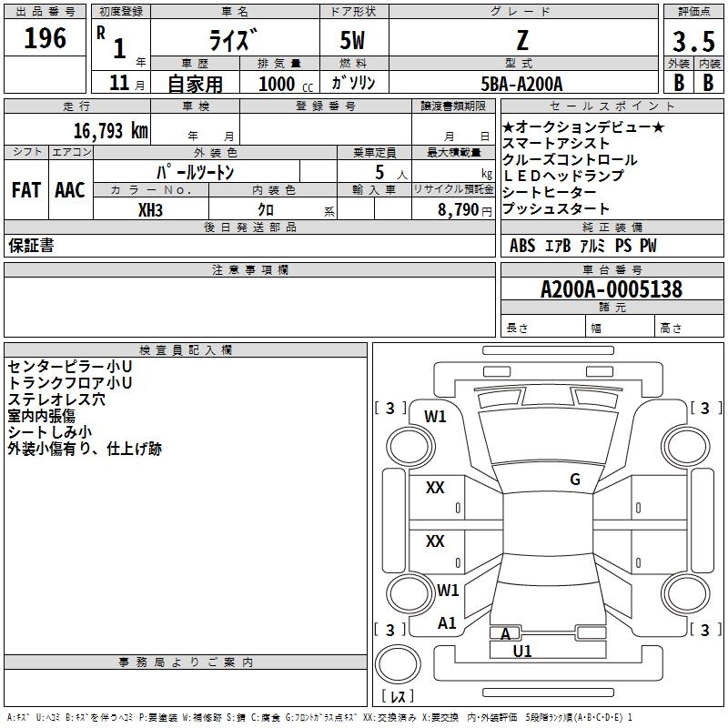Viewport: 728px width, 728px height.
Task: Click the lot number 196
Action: tap(45, 38)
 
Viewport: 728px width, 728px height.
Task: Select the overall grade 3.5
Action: tap(693, 42)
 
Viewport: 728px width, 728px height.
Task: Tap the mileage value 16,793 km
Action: tap(111, 131)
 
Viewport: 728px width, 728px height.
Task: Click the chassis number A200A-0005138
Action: tap(612, 289)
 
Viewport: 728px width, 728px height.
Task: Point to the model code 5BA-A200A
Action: tap(521, 84)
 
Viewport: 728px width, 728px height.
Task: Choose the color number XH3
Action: tap(150, 210)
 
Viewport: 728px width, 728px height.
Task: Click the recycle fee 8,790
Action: tap(459, 210)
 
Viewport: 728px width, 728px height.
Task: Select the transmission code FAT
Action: tap(26, 190)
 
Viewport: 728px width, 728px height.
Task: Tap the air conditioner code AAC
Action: tap(70, 190)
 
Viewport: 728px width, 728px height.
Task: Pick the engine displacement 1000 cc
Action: tap(286, 84)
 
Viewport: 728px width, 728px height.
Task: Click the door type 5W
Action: tap(352, 40)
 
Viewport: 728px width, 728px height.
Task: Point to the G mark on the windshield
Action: tap(575, 479)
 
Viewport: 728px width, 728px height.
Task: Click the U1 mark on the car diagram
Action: tap(522, 651)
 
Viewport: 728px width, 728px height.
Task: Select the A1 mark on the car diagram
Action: tap(447, 623)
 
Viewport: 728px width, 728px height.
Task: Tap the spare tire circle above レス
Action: tap(398, 664)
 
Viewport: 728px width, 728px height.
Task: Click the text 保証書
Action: tap(31, 246)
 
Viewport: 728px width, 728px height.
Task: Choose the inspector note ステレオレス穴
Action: tap(56, 399)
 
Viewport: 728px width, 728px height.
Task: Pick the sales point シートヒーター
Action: tap(550, 192)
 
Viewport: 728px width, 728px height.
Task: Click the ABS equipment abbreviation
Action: tap(522, 246)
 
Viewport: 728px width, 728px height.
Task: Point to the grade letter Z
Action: tap(522, 40)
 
